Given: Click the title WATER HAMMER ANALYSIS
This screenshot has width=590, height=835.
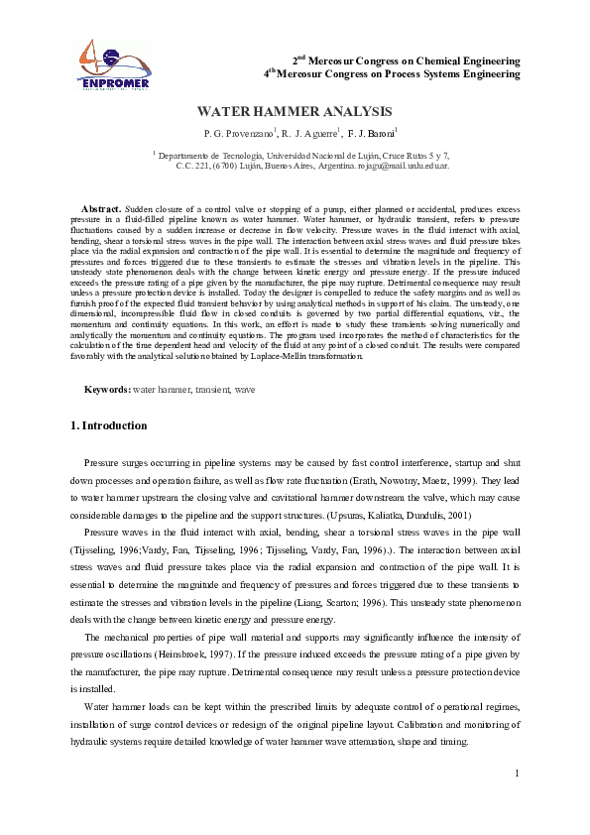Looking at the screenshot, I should tap(295, 112).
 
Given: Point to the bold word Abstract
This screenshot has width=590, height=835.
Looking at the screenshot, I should tap(100, 210).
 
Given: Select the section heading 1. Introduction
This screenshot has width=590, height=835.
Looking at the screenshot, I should tap(109, 426).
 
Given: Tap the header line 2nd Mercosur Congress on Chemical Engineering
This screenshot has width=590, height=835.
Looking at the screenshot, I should tap(408, 60).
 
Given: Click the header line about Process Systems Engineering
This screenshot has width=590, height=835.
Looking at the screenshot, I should tap(393, 73).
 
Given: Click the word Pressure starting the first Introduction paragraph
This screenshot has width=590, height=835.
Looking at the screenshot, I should tap(102, 463).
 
